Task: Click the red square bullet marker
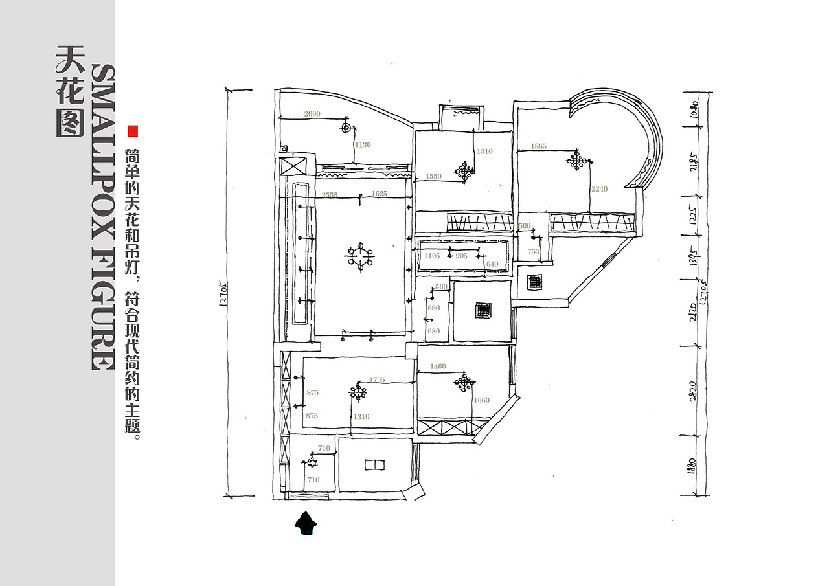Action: click(133, 131)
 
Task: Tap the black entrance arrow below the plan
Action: click(305, 523)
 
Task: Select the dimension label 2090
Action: click(312, 115)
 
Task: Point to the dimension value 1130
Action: click(363, 145)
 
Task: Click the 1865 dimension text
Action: click(539, 147)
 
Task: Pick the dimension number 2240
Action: click(600, 189)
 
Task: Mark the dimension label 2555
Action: click(330, 195)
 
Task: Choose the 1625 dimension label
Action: click(380, 194)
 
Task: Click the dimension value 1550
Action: click(433, 177)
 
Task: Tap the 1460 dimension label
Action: click(438, 366)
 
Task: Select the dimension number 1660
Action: click(482, 400)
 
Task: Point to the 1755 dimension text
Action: click(377, 380)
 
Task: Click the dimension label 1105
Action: click(432, 256)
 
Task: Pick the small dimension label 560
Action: click(441, 287)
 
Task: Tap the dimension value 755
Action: click(534, 251)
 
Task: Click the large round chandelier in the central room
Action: click(359, 256)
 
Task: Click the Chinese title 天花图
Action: click(71, 91)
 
